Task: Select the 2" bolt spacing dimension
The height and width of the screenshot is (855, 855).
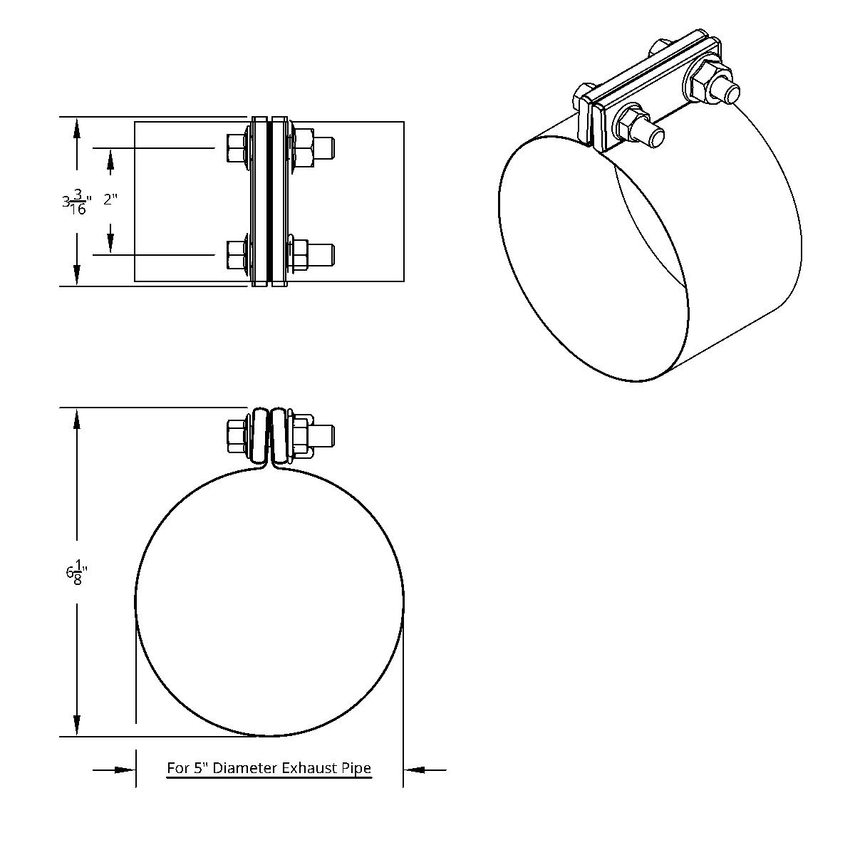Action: (x=110, y=199)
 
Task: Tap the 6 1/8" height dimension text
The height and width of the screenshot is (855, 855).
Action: (x=76, y=573)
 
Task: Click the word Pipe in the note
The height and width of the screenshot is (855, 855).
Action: (x=357, y=768)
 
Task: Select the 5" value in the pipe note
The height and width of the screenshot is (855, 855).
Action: (x=199, y=768)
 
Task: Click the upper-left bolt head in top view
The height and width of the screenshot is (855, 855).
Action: (x=235, y=147)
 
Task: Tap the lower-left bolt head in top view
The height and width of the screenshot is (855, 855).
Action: (x=235, y=254)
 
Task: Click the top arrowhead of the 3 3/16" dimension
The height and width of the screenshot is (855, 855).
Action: (x=76, y=128)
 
